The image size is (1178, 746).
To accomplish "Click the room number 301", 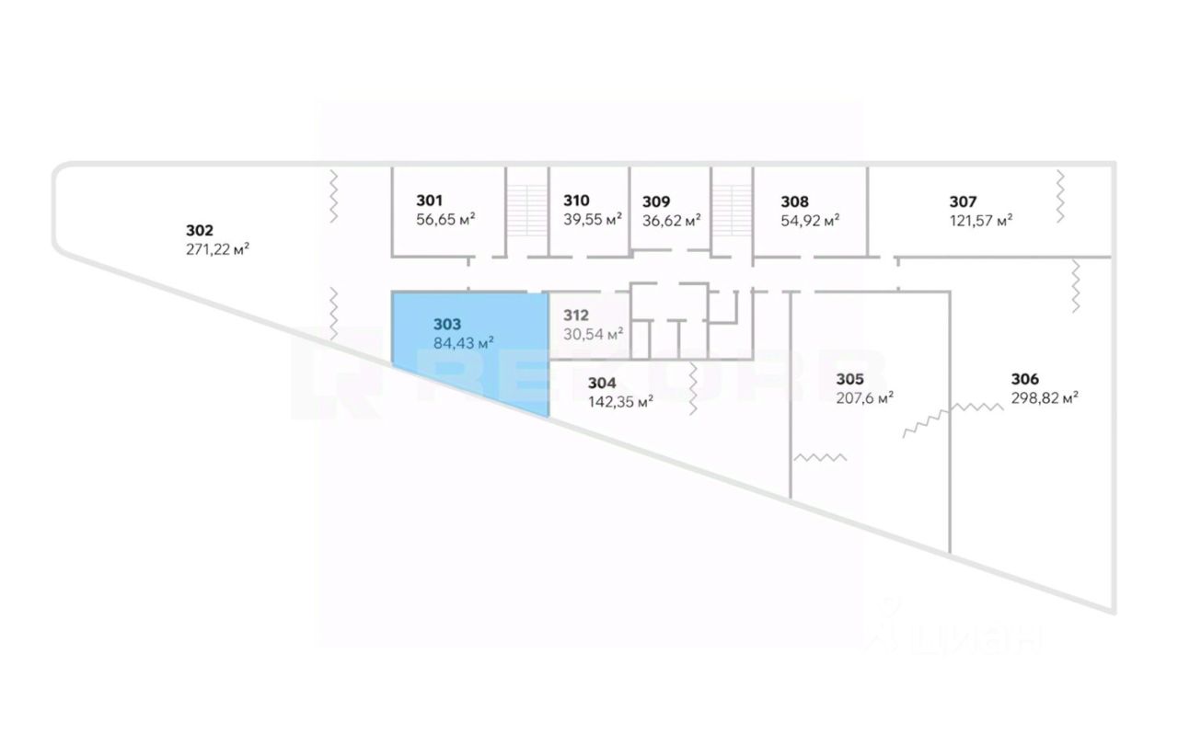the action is point(430,201).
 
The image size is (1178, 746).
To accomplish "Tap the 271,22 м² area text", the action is point(218,248).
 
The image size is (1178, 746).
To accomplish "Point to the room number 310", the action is point(576,201).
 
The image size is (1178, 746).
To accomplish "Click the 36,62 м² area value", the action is point(672,220).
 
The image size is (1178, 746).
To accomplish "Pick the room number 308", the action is point(794,201).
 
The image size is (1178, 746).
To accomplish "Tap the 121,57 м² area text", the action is point(981,220).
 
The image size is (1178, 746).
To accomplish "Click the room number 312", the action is point(575,315).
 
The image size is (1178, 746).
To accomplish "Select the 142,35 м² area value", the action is point(620,401).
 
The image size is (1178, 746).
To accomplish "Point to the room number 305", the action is point(849,378).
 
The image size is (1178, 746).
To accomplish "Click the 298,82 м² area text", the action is point(1045,397).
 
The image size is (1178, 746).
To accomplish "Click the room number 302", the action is point(200,230).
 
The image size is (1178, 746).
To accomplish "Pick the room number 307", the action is point(963,201).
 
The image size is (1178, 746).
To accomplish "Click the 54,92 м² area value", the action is point(810,220).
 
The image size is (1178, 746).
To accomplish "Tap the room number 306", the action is point(1025,378).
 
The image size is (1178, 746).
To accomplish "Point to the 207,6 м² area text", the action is point(864,397).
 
